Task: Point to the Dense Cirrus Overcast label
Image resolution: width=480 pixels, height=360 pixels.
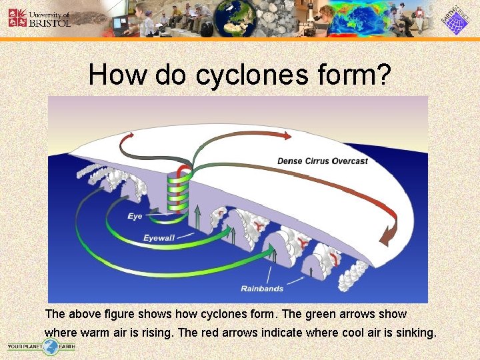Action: [x=322, y=161]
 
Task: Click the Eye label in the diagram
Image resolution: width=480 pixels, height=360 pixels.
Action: [x=135, y=216]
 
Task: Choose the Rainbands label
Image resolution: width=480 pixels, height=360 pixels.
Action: [x=262, y=289]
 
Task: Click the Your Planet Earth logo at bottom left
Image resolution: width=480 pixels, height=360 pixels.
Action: [x=41, y=346]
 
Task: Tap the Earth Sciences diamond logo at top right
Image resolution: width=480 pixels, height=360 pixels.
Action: [x=455, y=19]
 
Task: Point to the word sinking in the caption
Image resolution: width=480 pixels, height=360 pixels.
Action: [x=414, y=331]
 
